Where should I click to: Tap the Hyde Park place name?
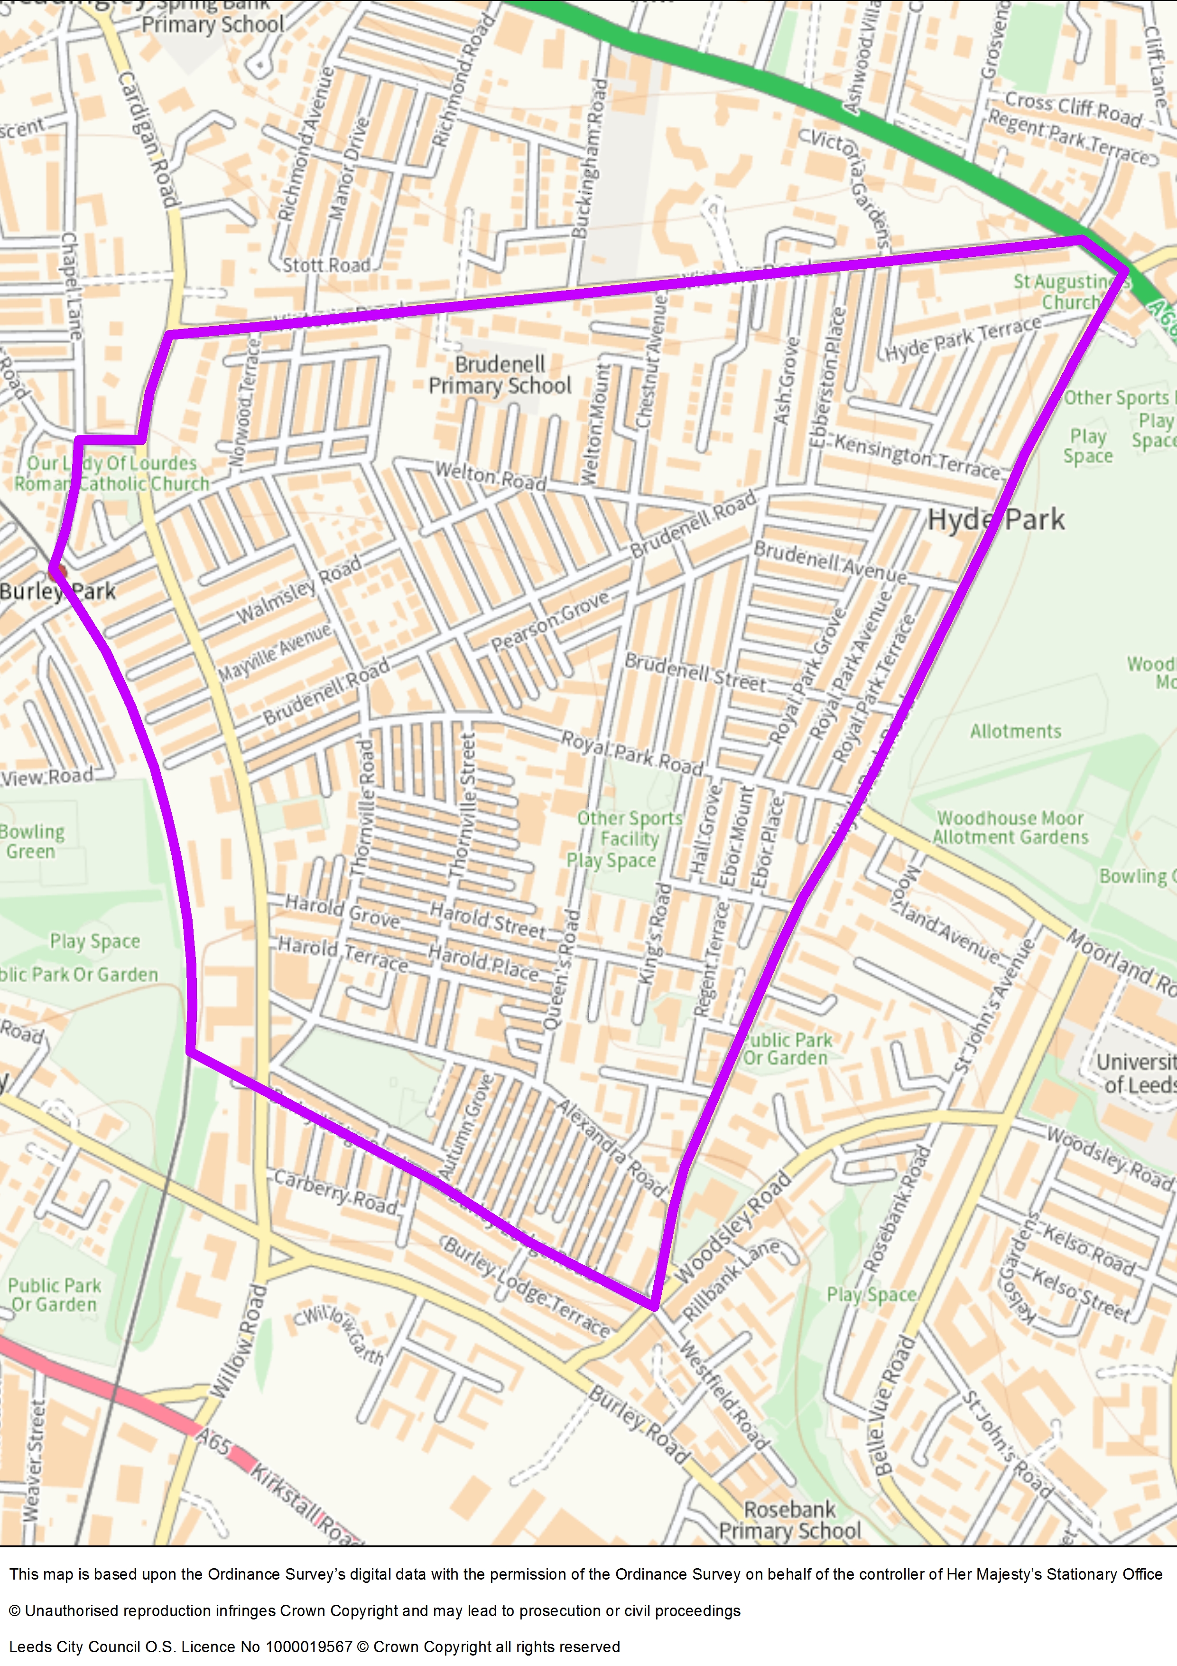click(996, 519)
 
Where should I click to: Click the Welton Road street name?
click(490, 476)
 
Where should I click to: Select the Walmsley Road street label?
click(299, 590)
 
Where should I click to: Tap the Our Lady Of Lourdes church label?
click(111, 473)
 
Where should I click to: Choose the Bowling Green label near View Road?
click(32, 841)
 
